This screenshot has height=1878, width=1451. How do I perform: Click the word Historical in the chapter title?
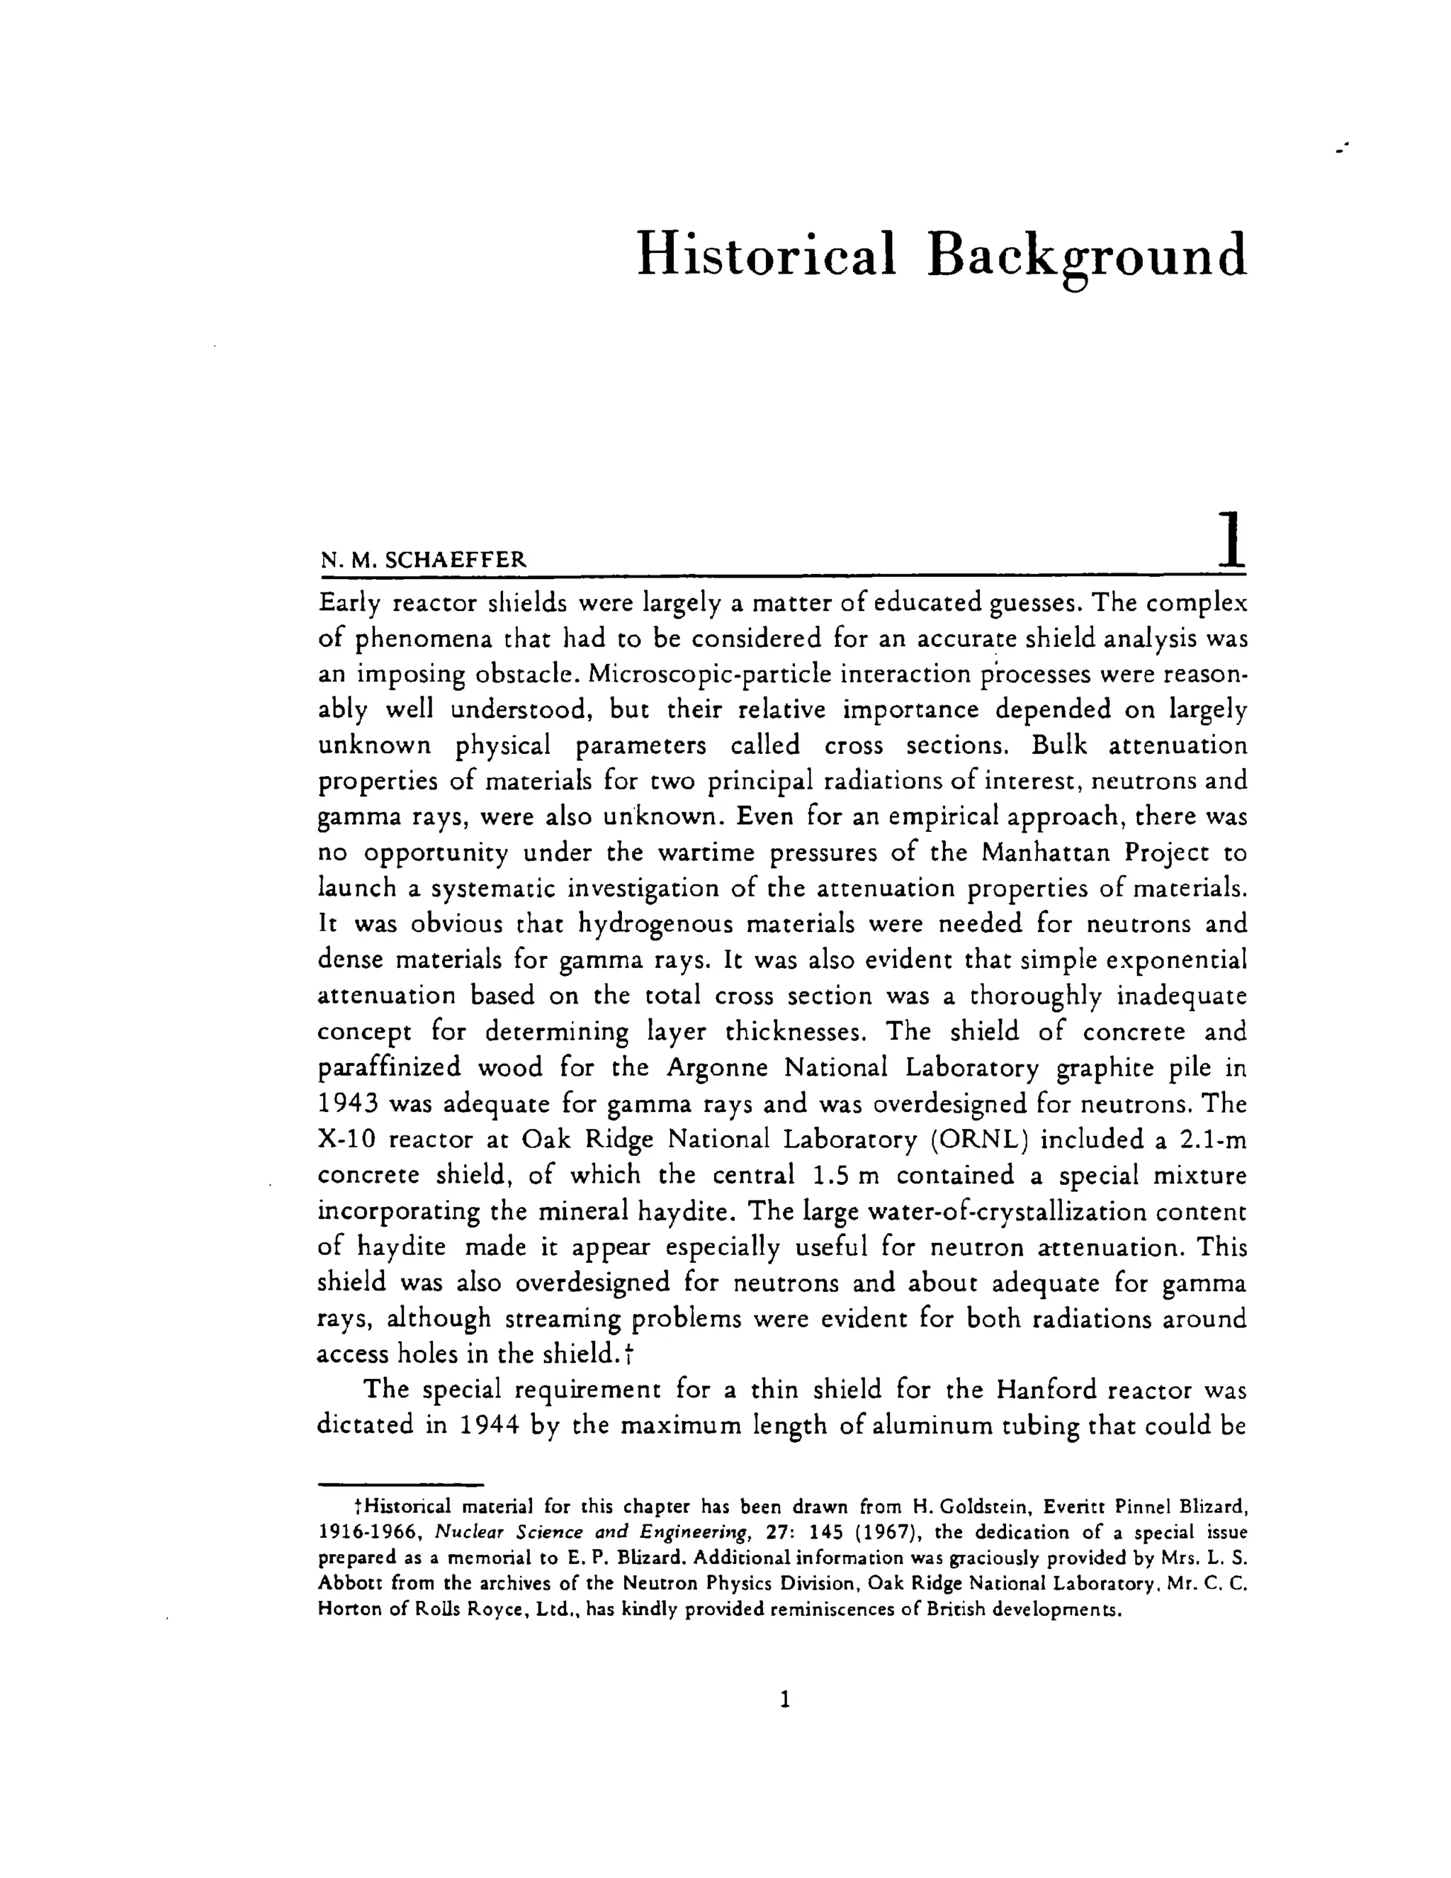pos(766,254)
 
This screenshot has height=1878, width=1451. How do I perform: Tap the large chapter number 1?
pos(1230,539)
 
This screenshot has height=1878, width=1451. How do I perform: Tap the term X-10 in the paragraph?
pos(347,1140)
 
